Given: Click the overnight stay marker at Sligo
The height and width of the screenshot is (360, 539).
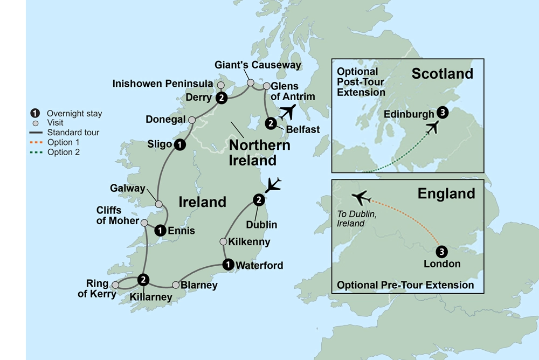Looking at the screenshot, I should pyautogui.click(x=180, y=144).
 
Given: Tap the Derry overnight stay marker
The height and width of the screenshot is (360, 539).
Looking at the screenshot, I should pyautogui.click(x=221, y=98).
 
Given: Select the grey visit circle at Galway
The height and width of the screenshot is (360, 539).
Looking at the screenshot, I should pyautogui.click(x=158, y=204).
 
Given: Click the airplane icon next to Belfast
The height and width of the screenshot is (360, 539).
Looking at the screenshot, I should pyautogui.click(x=288, y=113).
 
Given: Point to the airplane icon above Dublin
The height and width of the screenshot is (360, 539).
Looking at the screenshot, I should pyautogui.click(x=274, y=184).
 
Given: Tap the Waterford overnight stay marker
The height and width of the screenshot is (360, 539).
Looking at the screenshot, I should pyautogui.click(x=228, y=264).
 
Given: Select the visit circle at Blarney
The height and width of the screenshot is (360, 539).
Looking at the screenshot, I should pyautogui.click(x=175, y=285).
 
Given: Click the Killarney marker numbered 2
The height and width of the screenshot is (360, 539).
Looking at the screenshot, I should pyautogui.click(x=143, y=279).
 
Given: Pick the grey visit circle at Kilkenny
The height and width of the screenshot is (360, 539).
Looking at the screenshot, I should pyautogui.click(x=223, y=241).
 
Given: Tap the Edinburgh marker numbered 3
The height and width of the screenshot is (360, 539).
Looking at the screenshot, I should pyautogui.click(x=443, y=113).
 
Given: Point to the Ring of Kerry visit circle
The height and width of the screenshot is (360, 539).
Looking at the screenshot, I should pyautogui.click(x=115, y=284).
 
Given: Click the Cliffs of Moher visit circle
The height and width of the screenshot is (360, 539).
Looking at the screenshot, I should pyautogui.click(x=144, y=223).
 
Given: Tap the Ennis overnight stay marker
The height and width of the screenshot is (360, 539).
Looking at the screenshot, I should pyautogui.click(x=160, y=231).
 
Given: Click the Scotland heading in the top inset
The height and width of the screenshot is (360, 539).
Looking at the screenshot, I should pyautogui.click(x=442, y=74).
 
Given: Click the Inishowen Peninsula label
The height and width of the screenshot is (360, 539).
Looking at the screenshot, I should pyautogui.click(x=163, y=85).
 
